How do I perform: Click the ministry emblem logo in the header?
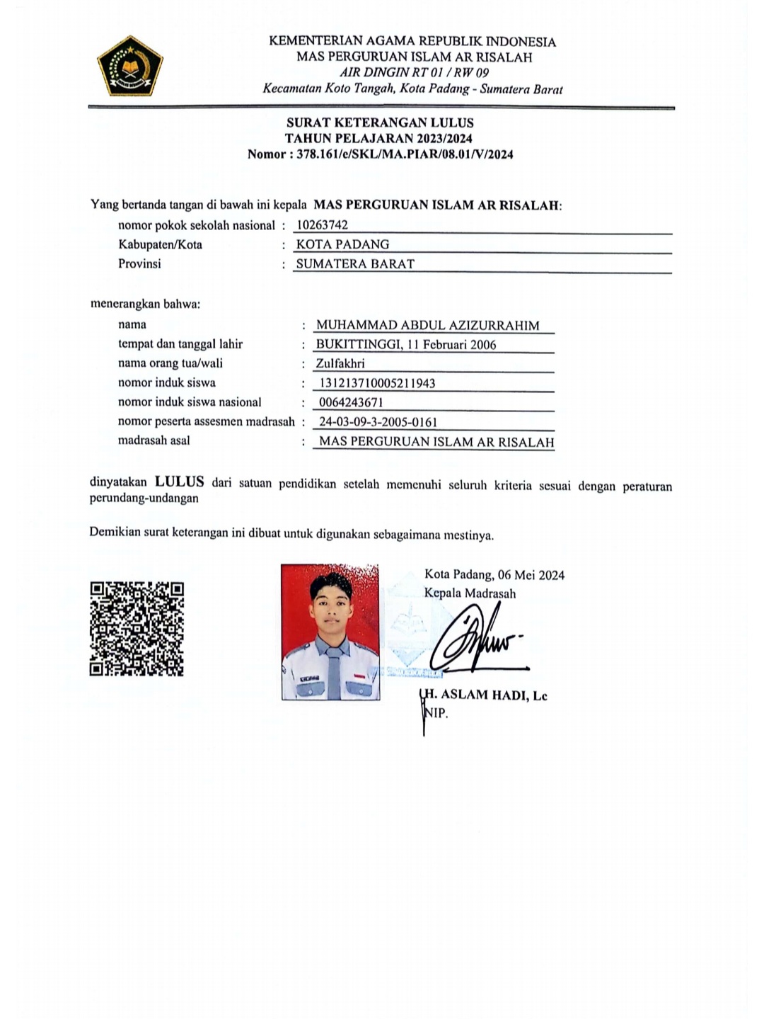point(130,66)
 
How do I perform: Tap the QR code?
point(137,629)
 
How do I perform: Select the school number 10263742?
point(322,225)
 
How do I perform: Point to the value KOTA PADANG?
point(342,244)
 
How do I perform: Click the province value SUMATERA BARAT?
point(355,263)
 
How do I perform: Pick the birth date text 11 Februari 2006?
point(455,345)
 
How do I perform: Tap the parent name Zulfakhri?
point(340,364)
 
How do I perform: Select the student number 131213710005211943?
point(378,383)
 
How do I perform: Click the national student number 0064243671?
point(352,402)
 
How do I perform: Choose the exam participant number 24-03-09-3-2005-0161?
point(378,422)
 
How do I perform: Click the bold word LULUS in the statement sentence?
point(180,482)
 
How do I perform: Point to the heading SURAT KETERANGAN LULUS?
point(380,123)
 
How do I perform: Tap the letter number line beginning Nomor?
point(380,154)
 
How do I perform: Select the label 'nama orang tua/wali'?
point(170,364)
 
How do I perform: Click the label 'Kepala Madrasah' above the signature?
point(470,593)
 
